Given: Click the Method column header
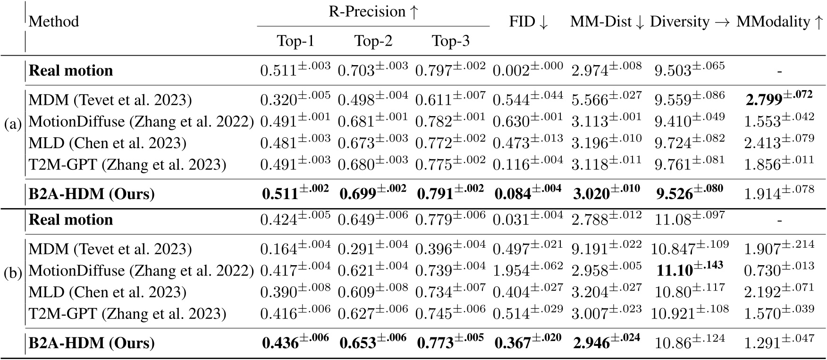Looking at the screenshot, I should (x=54, y=22).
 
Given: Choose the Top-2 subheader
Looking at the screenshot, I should (x=373, y=42).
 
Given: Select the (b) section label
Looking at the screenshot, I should (x=12, y=274).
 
